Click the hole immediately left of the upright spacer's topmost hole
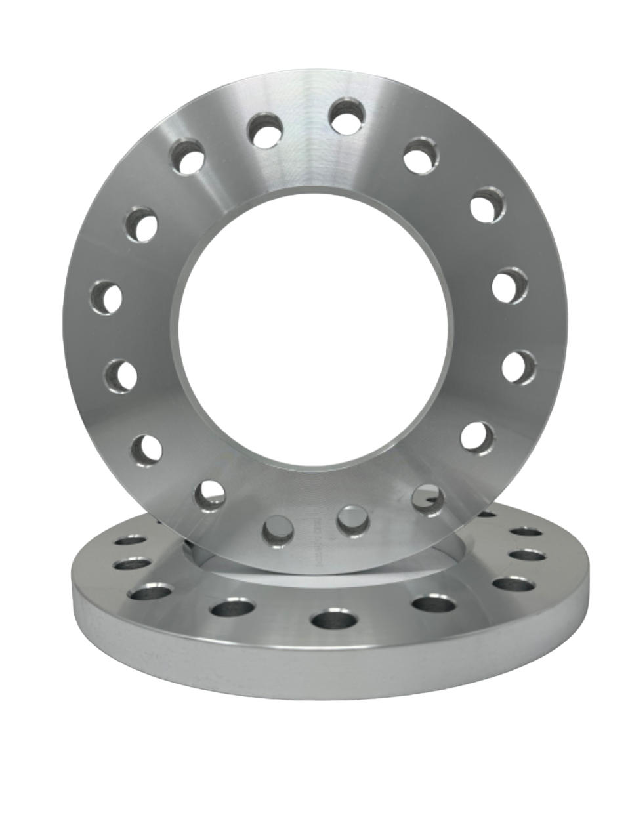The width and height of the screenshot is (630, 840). click(x=264, y=130)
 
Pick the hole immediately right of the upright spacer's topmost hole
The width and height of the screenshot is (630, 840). click(x=421, y=155)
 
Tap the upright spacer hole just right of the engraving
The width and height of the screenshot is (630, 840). click(x=354, y=520)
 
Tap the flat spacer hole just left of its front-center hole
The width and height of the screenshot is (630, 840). click(x=232, y=608)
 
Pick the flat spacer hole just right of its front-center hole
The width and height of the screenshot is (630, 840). click(x=430, y=603)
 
